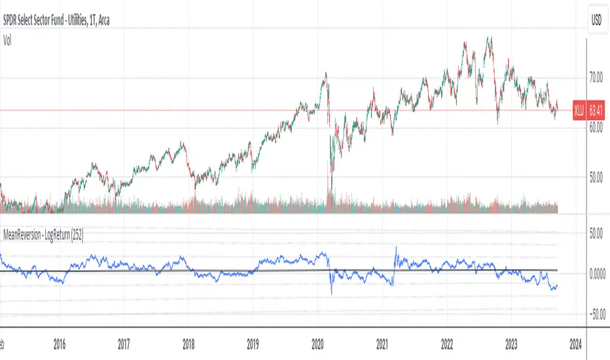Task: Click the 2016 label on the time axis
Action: pyautogui.click(x=60, y=342)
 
